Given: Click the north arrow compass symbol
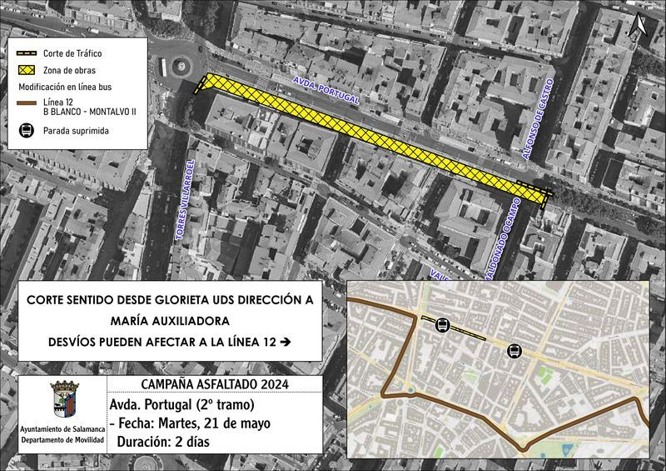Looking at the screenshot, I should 639,27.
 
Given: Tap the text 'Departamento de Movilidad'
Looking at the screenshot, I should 63,438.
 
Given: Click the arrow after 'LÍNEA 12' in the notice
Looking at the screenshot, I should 286,342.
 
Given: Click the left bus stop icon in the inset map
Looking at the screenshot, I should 442,326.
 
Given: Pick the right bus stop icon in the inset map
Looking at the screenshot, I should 514,351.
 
